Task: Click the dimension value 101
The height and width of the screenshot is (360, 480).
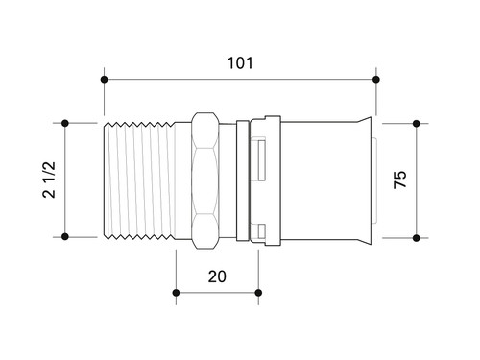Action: click(240, 63)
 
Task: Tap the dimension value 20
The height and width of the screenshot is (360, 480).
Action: click(217, 276)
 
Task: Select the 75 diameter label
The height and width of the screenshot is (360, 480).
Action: click(400, 180)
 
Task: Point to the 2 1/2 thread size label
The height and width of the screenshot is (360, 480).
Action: click(49, 180)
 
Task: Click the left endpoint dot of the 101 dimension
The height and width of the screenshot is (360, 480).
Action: click(104, 80)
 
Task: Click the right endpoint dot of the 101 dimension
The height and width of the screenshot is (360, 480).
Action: click(376, 80)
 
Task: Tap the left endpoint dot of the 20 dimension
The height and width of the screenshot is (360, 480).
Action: click(176, 293)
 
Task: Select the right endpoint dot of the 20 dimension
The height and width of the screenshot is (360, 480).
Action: click(258, 293)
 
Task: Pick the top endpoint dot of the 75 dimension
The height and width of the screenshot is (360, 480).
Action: click(417, 123)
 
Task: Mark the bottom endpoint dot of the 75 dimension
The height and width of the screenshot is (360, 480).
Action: click(417, 238)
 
